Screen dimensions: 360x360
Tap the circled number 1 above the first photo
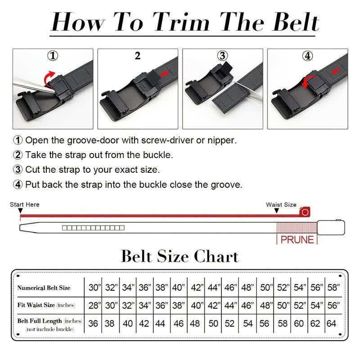53,56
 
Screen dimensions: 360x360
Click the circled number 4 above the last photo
307,56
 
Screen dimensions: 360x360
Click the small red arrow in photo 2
166,72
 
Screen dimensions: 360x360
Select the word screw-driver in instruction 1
168,140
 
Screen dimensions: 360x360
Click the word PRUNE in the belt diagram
297,239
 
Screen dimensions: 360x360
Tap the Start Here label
25,204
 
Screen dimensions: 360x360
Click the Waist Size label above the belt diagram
281,204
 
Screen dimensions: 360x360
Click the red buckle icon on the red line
306,211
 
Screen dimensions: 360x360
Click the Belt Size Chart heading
180,256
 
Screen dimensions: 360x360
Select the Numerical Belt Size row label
44,288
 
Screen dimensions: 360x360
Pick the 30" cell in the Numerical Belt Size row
94,288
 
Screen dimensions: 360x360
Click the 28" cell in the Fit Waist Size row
94,305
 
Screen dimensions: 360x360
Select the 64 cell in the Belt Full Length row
332,323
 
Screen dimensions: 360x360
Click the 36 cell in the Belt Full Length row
94,323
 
